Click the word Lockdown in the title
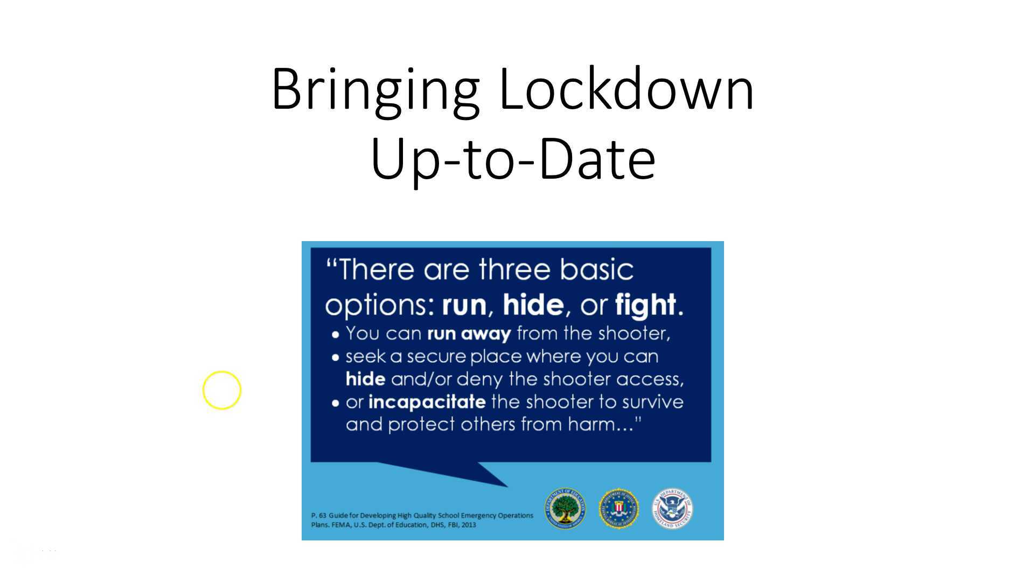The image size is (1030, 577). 627,89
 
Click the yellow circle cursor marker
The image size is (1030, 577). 222,390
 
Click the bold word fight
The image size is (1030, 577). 645,305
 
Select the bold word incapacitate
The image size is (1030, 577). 427,402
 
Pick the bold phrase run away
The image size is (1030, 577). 469,334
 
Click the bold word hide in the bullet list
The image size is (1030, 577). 365,379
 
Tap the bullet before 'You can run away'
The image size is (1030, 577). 336,335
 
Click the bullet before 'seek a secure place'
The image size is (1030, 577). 336,357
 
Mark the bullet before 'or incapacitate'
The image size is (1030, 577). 336,403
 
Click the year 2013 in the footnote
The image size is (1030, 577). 468,525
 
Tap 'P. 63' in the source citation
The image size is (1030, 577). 319,516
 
